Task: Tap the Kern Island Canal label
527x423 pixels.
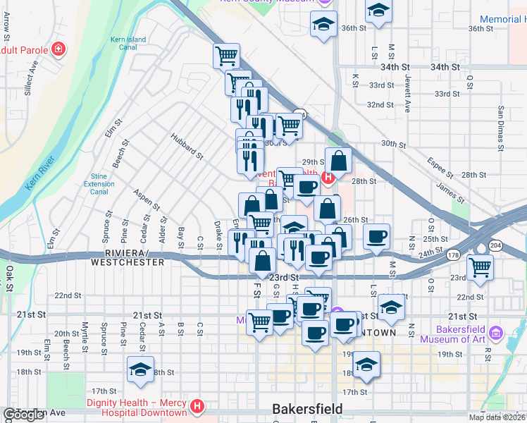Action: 127,44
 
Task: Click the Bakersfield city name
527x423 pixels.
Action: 307,409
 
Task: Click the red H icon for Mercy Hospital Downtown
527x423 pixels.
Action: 198,407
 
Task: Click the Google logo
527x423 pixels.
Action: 23,415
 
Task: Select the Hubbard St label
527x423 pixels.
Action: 187,146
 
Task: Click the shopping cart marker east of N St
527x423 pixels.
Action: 480,267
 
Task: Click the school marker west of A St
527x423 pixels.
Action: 140,369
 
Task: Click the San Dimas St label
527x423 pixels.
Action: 501,128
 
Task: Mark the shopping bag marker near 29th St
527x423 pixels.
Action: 338,161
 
